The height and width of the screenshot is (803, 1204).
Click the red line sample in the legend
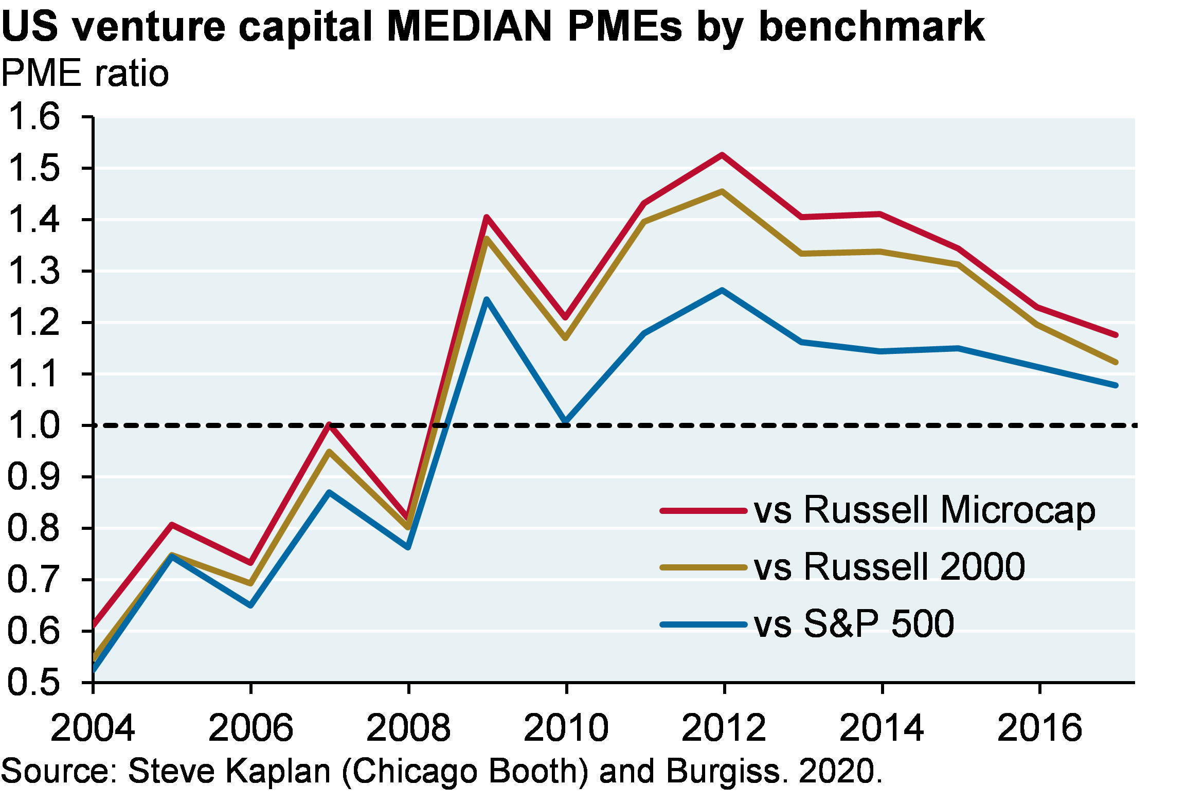click(703, 511)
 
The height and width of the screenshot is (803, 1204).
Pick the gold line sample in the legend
click(703, 567)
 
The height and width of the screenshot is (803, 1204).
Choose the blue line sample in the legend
click(703, 624)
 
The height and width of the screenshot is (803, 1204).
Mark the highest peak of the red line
click(723, 155)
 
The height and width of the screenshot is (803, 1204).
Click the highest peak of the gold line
click(723, 191)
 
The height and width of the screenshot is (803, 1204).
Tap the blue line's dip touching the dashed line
click(566, 421)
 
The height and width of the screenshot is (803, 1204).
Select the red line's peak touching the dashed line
click(329, 425)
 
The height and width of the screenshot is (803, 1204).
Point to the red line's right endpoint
click(1116, 335)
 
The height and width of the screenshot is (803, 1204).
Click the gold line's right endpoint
click(1116, 362)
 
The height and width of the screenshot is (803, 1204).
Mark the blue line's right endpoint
click(1116, 385)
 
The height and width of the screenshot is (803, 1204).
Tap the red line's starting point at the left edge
click(95, 624)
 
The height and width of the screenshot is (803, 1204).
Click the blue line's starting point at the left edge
click(95, 669)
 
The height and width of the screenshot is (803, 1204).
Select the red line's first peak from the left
click(172, 525)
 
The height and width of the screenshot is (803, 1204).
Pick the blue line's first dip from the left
click(251, 605)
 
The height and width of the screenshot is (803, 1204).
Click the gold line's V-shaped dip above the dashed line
click(566, 338)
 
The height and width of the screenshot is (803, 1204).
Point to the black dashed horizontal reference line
click(771, 425)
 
